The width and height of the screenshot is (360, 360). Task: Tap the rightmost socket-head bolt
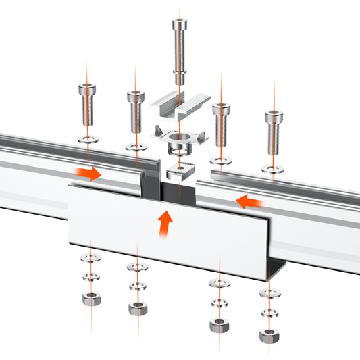pos(274,132)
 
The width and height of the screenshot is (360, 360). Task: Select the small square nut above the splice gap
pos(180,170)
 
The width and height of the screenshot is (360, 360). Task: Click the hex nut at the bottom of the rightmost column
pos(269,335)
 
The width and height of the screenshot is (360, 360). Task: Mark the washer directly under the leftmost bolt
pos(87,139)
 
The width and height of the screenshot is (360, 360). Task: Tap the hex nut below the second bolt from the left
pos(137,309)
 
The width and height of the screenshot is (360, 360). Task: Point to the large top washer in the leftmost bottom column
pos(87,259)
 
